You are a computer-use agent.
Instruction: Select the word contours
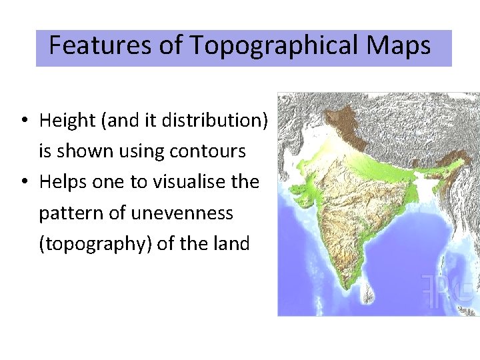(x=207, y=151)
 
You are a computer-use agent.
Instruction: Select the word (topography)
(x=96, y=244)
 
